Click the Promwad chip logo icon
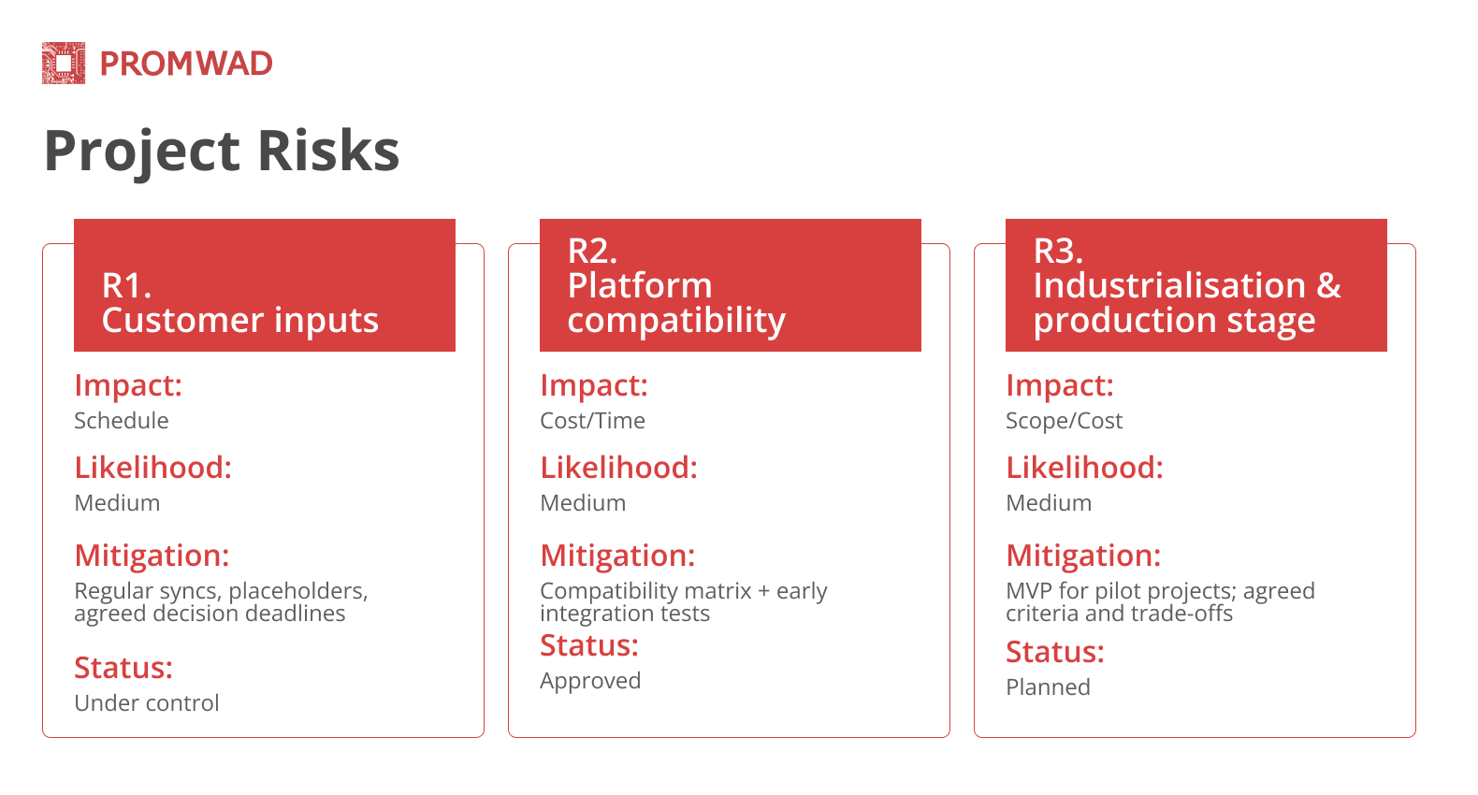pos(64,64)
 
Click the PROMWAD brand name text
pos(186,64)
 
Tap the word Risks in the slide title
pos(327,151)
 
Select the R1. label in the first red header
pos(126,285)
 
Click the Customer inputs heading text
pos(239,321)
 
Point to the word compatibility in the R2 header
pos(675,321)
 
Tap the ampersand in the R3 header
pos(1328,285)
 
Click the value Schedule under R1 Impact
pos(122,421)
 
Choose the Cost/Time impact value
pos(592,421)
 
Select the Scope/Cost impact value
pos(1064,421)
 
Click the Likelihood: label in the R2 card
pos(618,468)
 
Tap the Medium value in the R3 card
pos(1049,503)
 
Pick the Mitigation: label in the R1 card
pos(152,556)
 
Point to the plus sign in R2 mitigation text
pos(764,591)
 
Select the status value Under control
pos(147,703)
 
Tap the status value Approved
pos(590,681)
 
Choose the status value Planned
pos(1048,687)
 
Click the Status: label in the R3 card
pos(1055,652)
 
